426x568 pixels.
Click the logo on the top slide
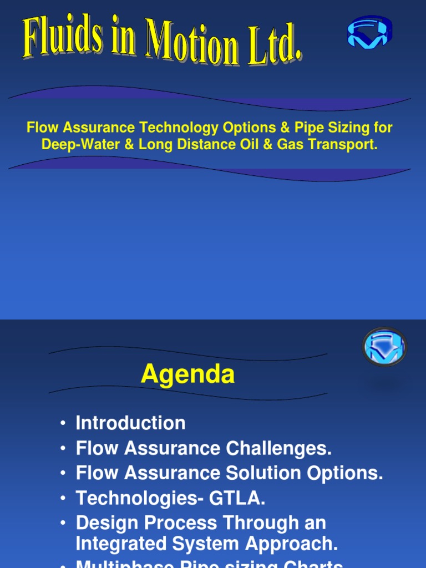pyautogui.click(x=369, y=32)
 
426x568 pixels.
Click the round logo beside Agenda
pyautogui.click(x=384, y=347)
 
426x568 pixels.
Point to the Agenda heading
pyautogui.click(x=187, y=374)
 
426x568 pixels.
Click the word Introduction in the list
pyautogui.click(x=130, y=423)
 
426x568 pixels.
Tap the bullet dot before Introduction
pyautogui.click(x=64, y=424)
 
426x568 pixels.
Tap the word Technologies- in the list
pyautogui.click(x=140, y=498)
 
